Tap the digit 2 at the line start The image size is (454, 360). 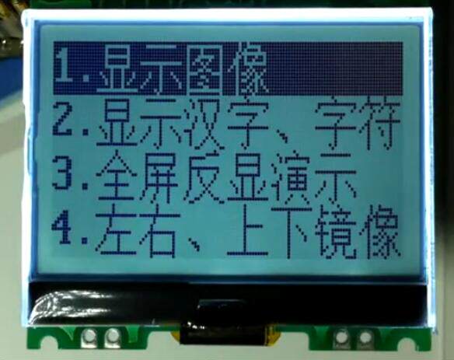point(63,121)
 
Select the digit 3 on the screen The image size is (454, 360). point(62,173)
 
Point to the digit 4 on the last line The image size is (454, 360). point(61,227)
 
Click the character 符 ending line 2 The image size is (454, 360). point(379,124)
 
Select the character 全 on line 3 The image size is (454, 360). point(117,177)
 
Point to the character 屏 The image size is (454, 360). point(159,178)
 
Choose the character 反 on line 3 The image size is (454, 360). point(204,178)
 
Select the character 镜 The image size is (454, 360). point(335,232)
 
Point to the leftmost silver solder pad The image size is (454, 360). point(89,338)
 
